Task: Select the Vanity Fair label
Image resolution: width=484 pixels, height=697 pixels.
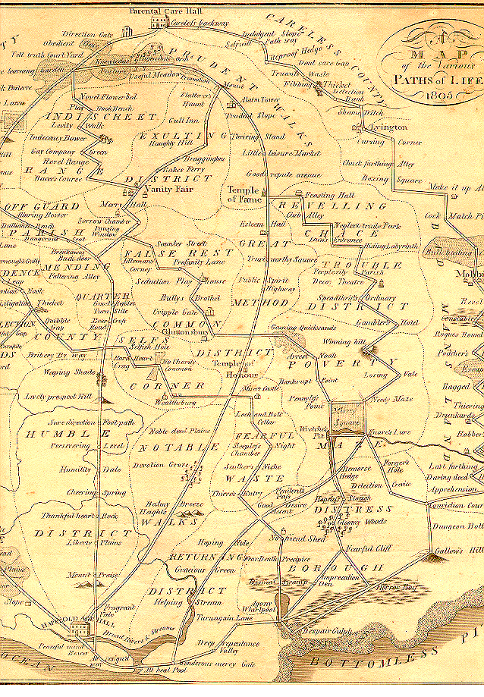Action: point(161,189)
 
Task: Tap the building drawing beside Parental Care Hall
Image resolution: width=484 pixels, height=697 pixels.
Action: point(158,24)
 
